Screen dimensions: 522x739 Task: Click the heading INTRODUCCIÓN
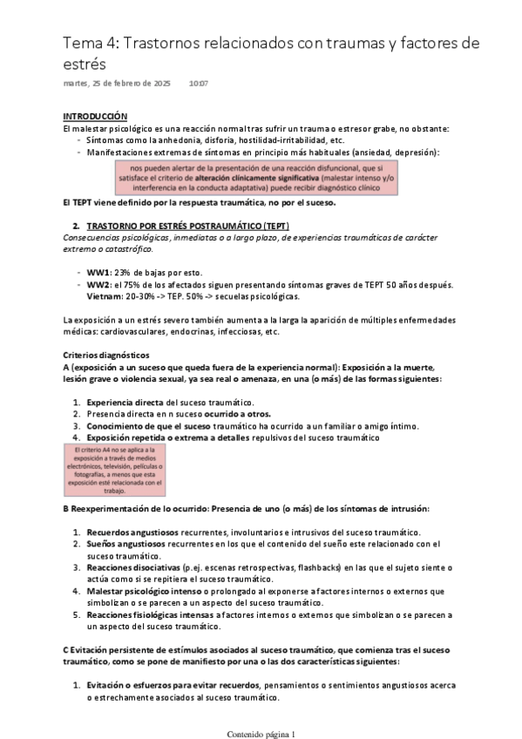tap(95, 116)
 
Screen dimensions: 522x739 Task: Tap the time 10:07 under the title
tap(199, 84)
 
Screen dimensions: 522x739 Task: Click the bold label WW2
tap(98, 284)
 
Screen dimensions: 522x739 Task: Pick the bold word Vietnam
tap(104, 295)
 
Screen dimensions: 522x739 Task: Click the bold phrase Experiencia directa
tap(125, 402)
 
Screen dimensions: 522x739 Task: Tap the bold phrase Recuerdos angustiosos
tap(128, 532)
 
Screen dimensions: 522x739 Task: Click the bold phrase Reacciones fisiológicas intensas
tap(149, 615)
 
